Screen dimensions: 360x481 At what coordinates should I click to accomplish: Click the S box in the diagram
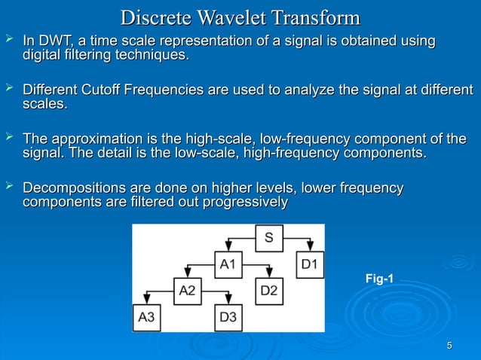click(x=268, y=239)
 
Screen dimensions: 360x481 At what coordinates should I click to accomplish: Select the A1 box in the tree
click(x=228, y=264)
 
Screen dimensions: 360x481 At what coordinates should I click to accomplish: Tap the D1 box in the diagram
click(x=310, y=264)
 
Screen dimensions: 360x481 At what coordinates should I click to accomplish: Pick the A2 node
click(x=188, y=291)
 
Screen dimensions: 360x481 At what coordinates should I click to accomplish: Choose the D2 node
click(x=269, y=291)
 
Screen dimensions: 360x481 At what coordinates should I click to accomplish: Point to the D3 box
click(x=228, y=317)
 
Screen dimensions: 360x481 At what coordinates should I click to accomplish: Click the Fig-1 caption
click(x=379, y=279)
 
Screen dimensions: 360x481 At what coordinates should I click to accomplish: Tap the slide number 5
click(x=449, y=346)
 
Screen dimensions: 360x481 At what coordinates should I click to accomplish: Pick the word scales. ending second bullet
click(x=45, y=105)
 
